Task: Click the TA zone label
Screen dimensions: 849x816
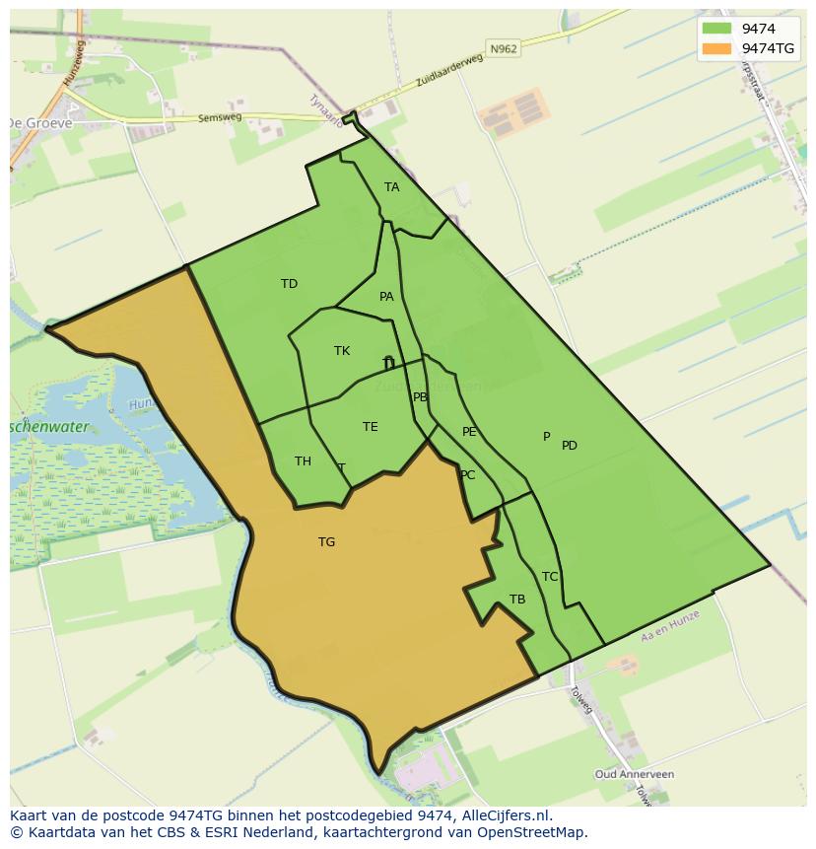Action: tap(392, 187)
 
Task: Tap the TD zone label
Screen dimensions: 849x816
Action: tap(289, 284)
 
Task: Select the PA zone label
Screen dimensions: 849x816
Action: tap(386, 297)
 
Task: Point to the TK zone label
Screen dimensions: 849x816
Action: tap(342, 351)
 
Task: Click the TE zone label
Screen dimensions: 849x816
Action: tap(370, 427)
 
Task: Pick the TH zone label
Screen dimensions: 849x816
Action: tap(303, 461)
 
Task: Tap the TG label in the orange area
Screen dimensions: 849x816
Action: tap(326, 542)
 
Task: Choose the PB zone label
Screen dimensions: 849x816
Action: tap(421, 397)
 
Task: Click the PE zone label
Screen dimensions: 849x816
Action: tap(469, 432)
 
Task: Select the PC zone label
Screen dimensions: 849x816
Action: tap(467, 475)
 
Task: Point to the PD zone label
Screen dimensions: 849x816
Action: tap(570, 446)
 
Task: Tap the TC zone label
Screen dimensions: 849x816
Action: tap(550, 577)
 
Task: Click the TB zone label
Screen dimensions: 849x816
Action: tap(517, 600)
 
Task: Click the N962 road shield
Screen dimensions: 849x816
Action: tap(502, 47)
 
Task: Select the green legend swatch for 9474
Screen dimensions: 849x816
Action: tap(716, 29)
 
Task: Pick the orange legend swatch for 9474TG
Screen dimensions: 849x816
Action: tap(716, 48)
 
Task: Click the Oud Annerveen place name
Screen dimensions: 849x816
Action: tap(635, 775)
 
